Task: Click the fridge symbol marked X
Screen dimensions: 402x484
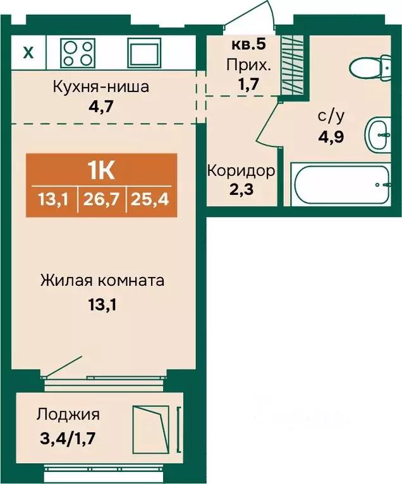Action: [x=28, y=52]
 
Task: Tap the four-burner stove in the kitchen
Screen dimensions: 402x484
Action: [x=78, y=53]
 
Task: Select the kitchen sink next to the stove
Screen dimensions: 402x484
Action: [x=145, y=52]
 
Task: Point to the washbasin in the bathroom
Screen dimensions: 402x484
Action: [x=378, y=134]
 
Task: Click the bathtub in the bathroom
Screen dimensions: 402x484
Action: [x=343, y=185]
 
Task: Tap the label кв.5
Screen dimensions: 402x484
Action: [x=249, y=44]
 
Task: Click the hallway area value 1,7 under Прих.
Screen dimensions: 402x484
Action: [x=248, y=84]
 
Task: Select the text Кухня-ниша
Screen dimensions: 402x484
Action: [x=100, y=86]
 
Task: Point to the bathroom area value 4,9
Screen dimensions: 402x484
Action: [x=331, y=136]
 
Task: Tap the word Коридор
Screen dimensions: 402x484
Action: [x=241, y=170]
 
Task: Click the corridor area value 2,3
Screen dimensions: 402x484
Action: [x=241, y=189]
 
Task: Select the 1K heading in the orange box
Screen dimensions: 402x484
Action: [x=101, y=171]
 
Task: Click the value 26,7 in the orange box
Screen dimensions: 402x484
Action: [x=101, y=199]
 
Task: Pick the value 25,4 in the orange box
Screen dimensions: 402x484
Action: [x=150, y=199]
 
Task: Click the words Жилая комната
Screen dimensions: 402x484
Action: [x=102, y=281]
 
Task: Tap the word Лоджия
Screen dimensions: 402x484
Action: [x=68, y=415]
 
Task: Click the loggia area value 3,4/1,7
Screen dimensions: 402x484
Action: [x=68, y=438]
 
